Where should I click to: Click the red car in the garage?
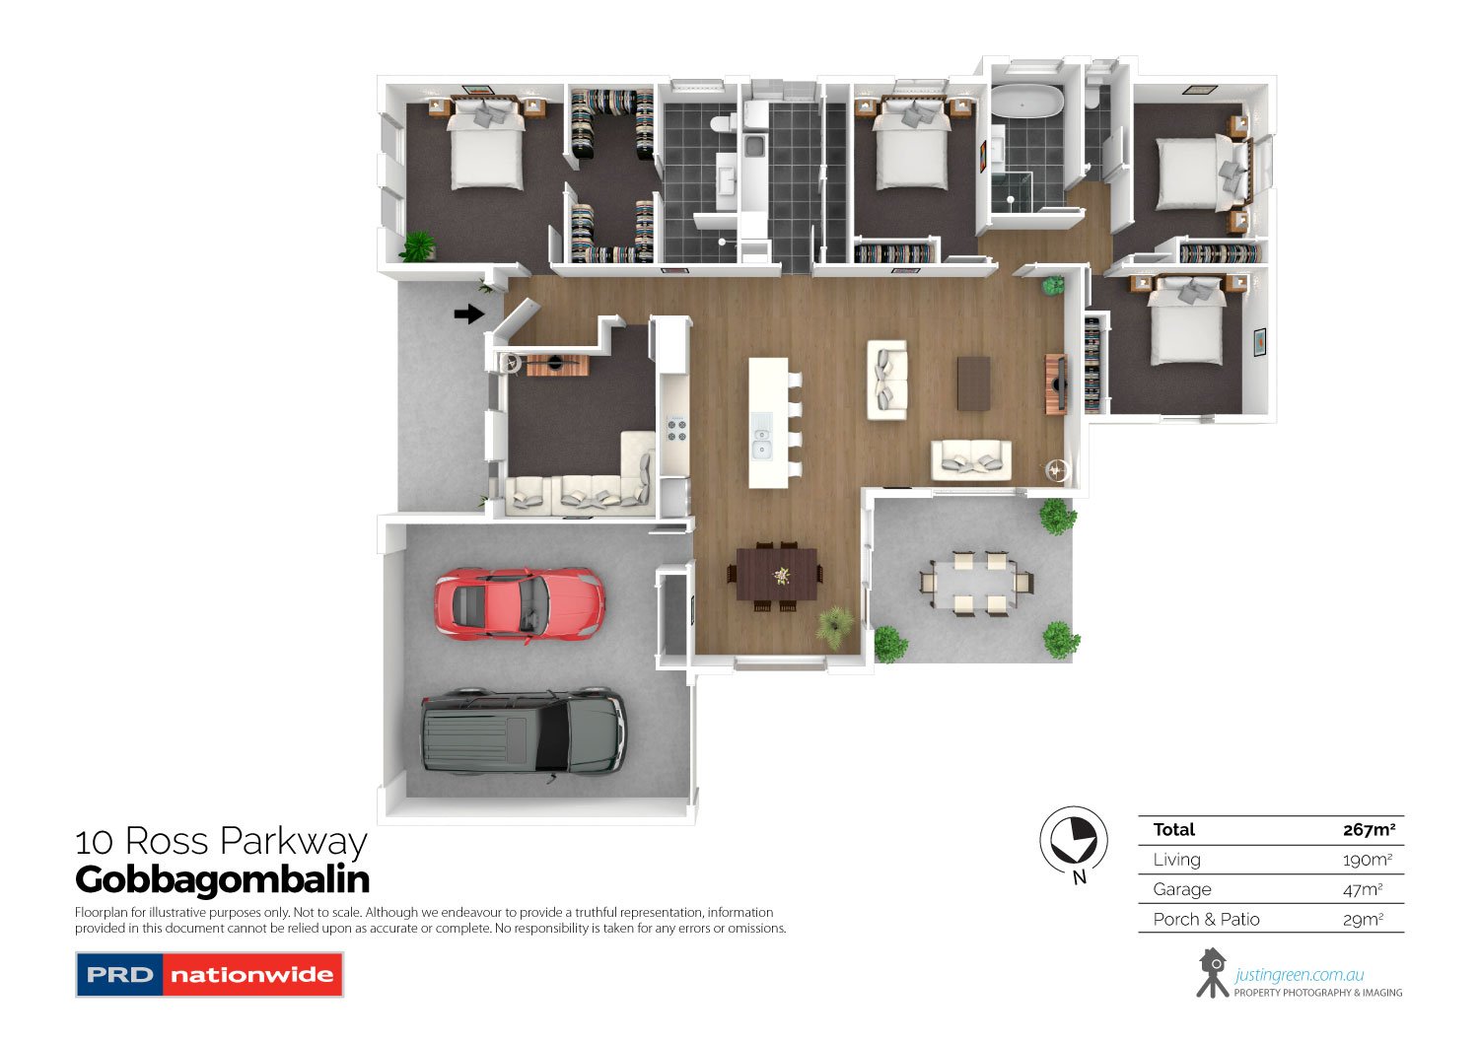[x=519, y=601]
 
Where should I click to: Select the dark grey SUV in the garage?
[x=523, y=731]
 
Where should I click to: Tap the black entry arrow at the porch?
[x=468, y=314]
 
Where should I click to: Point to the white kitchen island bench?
[x=768, y=422]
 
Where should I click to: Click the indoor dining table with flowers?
[x=778, y=575]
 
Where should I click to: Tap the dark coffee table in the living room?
[x=973, y=383]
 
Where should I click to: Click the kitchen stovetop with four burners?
[x=676, y=430]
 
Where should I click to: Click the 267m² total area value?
[x=1369, y=830]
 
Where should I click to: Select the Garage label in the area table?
[x=1181, y=889]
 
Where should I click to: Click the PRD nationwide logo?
[x=209, y=975]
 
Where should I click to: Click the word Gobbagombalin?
[x=222, y=879]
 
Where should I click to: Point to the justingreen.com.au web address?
[x=1299, y=975]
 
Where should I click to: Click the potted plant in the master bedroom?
[x=418, y=245]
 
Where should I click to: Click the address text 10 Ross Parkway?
[x=221, y=841]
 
